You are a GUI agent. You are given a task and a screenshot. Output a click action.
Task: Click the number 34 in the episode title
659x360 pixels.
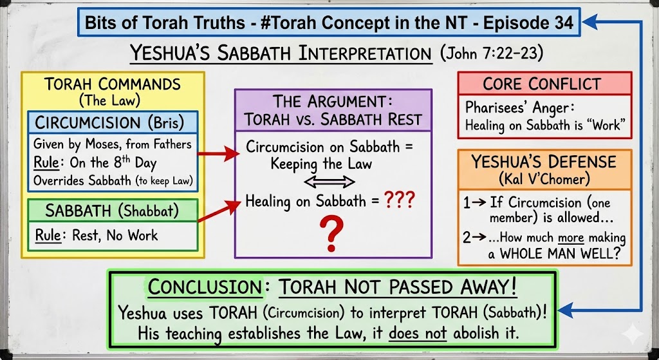(562, 22)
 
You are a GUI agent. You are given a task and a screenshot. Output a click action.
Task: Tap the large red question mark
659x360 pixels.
(331, 233)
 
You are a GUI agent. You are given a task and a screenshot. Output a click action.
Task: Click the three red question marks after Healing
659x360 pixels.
(399, 200)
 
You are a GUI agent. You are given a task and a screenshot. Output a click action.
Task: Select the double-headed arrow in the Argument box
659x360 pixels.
(329, 182)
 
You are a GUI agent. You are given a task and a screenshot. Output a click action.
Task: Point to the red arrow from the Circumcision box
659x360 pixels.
(218, 153)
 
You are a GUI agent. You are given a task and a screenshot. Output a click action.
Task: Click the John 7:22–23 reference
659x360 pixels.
(491, 53)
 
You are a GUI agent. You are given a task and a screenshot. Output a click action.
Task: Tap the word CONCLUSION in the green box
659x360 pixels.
(205, 287)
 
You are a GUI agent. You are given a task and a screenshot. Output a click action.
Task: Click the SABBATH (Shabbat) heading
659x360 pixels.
(112, 211)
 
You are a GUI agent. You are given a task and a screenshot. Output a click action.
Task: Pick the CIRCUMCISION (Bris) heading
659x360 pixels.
(109, 122)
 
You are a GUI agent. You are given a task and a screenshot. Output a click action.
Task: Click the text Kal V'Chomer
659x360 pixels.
(544, 180)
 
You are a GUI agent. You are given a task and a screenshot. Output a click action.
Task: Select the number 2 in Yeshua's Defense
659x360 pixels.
(467, 238)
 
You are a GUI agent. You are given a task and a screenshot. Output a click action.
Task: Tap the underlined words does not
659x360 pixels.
(418, 333)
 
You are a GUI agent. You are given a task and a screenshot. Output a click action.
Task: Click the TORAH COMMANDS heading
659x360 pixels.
(113, 84)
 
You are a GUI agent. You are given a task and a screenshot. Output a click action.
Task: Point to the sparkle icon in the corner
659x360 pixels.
(632, 334)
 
